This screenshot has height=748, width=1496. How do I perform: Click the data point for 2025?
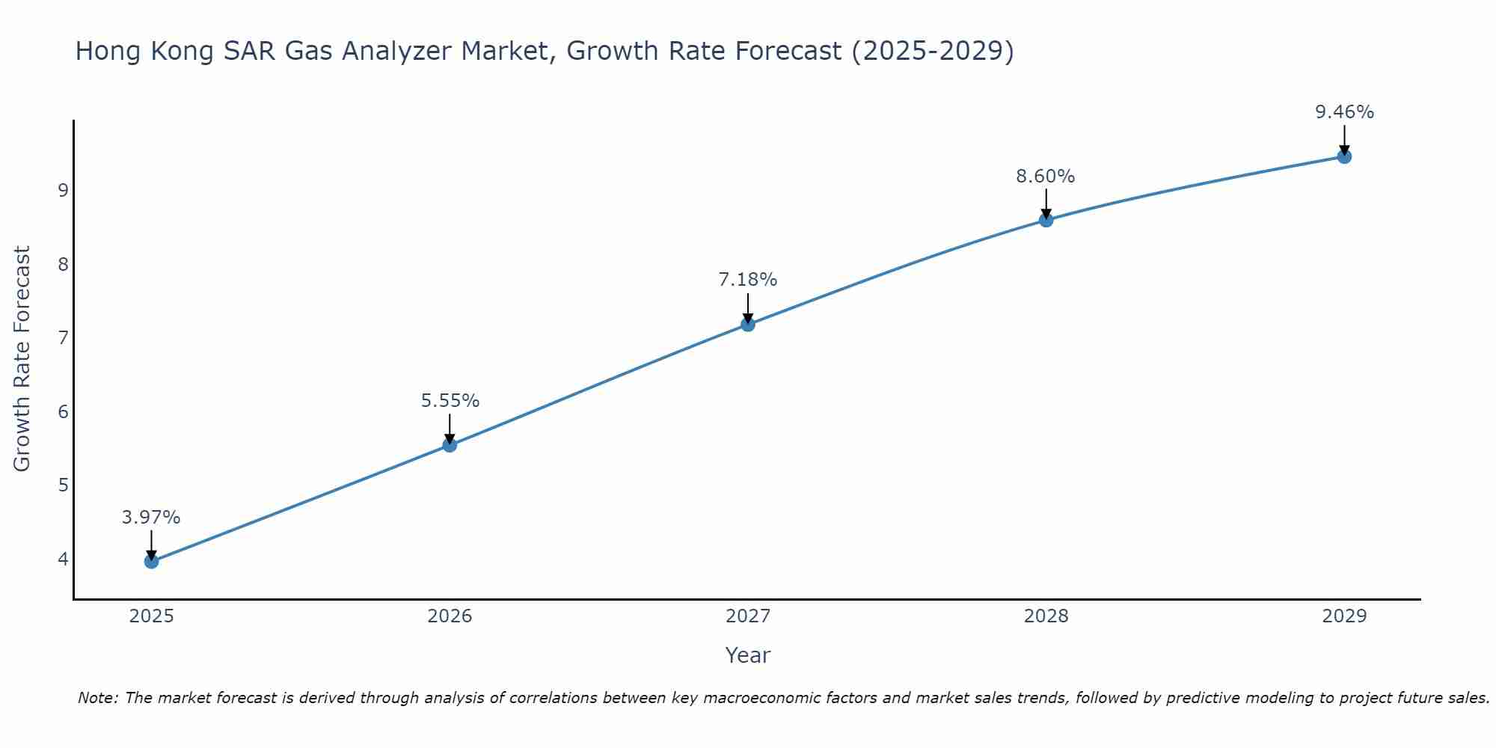click(x=151, y=561)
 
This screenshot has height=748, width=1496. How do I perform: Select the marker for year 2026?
click(x=450, y=445)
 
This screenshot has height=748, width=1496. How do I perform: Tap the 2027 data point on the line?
click(x=747, y=324)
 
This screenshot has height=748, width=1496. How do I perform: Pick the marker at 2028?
click(x=1046, y=219)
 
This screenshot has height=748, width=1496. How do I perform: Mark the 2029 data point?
click(x=1344, y=156)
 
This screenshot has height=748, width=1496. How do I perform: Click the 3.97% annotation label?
click(x=151, y=518)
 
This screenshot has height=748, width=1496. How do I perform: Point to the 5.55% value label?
click(x=450, y=401)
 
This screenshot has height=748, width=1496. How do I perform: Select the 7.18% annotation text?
click(x=747, y=280)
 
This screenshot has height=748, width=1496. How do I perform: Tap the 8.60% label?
click(x=1045, y=177)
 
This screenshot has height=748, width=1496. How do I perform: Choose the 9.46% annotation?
click(x=1344, y=112)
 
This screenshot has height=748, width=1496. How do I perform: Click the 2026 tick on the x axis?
click(x=450, y=616)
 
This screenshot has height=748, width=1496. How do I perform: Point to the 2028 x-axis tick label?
click(x=1046, y=616)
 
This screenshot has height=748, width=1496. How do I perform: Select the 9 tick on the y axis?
click(x=63, y=190)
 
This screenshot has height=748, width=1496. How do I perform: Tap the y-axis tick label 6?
click(x=63, y=411)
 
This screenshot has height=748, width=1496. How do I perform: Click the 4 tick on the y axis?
click(x=63, y=559)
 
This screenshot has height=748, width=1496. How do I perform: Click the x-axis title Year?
click(x=747, y=655)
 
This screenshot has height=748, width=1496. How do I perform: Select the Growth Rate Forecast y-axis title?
click(x=22, y=359)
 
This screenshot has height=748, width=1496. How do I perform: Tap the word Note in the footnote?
click(x=97, y=698)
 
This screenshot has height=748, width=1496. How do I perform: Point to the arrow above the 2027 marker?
click(x=747, y=307)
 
